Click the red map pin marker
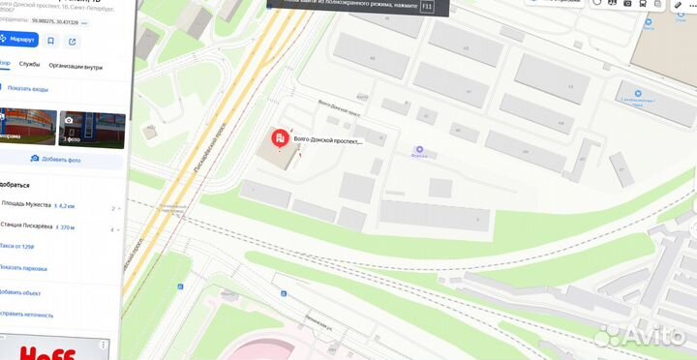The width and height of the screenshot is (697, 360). point(279,141)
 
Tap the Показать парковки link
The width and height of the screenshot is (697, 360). point(23,269)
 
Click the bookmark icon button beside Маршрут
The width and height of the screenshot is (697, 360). point(49,41)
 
